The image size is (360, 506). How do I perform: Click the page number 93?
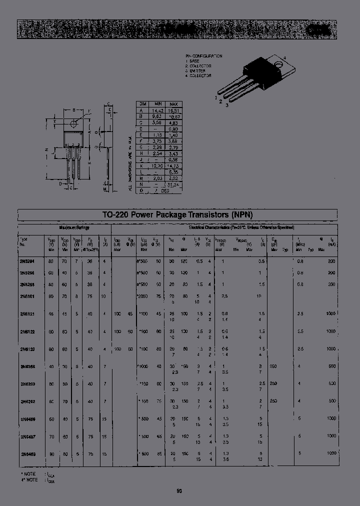[179, 491]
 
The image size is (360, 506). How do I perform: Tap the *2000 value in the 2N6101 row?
[143, 296]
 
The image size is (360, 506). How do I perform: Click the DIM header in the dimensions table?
[142, 103]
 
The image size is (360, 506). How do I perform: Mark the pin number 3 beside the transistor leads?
[227, 105]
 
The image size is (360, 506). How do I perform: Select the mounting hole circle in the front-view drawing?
[74, 123]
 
